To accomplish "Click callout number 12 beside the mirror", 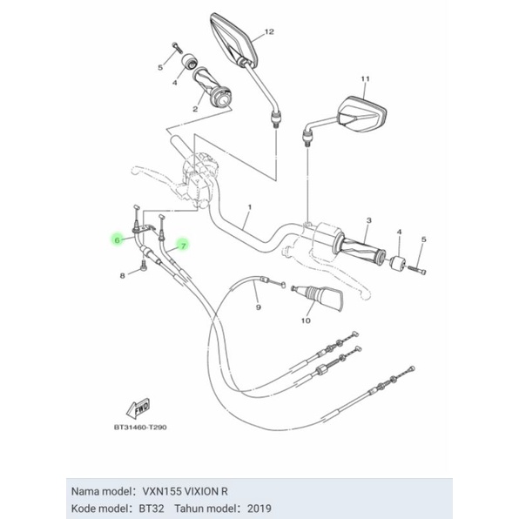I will click(x=268, y=31).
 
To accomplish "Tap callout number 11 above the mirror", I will click(x=365, y=79).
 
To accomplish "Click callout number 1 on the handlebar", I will click(x=249, y=208).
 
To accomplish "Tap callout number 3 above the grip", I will click(x=368, y=222).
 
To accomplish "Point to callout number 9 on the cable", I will click(x=258, y=307).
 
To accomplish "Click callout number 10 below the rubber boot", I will click(x=305, y=320).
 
